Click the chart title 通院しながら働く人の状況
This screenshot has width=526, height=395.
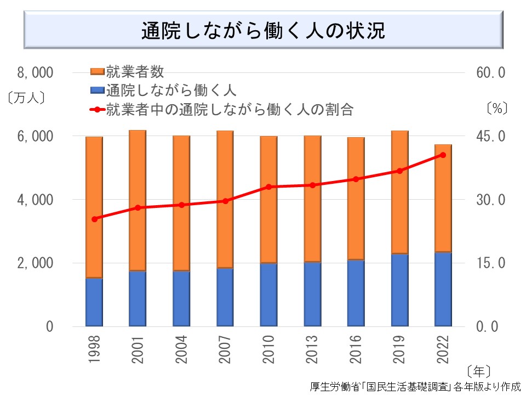click(x=263, y=31)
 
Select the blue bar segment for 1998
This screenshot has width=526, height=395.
click(x=94, y=302)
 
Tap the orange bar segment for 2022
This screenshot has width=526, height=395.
click(x=443, y=198)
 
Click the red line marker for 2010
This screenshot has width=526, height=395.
click(x=268, y=187)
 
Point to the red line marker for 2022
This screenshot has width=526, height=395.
click(x=443, y=155)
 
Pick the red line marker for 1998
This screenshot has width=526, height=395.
click(x=94, y=219)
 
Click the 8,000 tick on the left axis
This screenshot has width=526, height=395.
click(x=35, y=72)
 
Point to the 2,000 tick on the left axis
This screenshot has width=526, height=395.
click(x=35, y=263)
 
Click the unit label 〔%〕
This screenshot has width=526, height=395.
click(x=497, y=108)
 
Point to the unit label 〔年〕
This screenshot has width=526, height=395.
click(x=479, y=369)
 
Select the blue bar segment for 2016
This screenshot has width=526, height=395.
click(x=356, y=293)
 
